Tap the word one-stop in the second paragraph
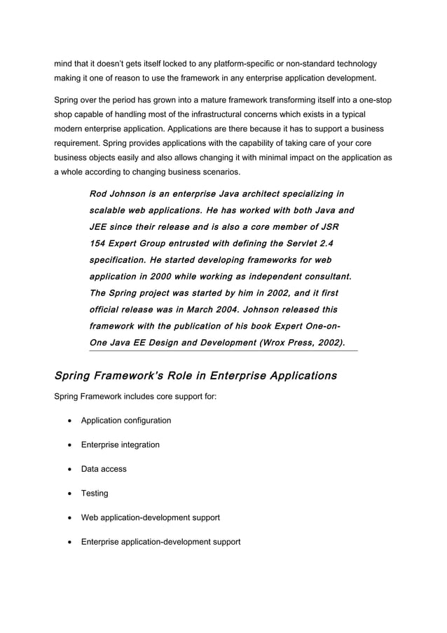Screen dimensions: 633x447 click(375, 100)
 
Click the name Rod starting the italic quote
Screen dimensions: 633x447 click(99, 193)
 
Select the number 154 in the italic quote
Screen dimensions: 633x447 click(98, 243)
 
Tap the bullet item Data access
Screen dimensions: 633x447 click(104, 469)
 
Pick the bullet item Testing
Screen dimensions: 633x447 click(95, 494)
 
